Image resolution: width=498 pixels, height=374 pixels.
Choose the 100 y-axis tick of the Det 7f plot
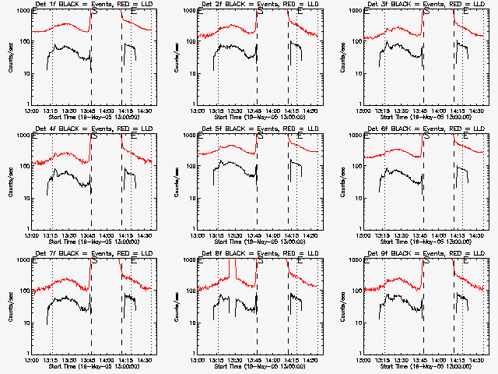point(23,292)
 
